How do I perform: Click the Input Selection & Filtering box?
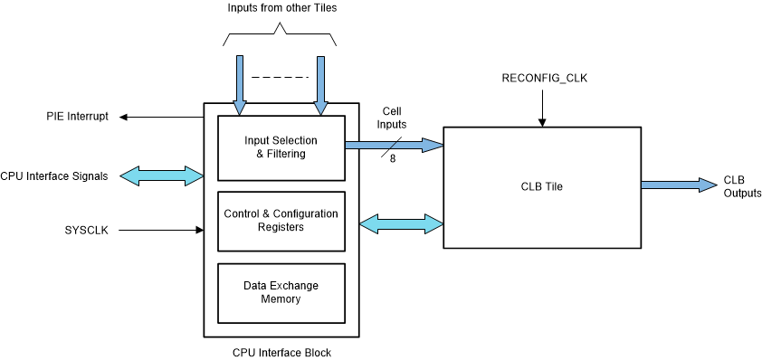281,147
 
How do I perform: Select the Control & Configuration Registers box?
281,220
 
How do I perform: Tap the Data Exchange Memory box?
281,291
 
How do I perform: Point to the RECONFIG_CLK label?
545,79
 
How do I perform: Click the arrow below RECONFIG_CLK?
543,108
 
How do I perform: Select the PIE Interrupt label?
78,117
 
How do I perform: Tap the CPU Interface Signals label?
54,176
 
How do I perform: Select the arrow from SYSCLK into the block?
161,230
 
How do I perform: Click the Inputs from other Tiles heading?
281,9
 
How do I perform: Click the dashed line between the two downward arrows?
279,77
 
